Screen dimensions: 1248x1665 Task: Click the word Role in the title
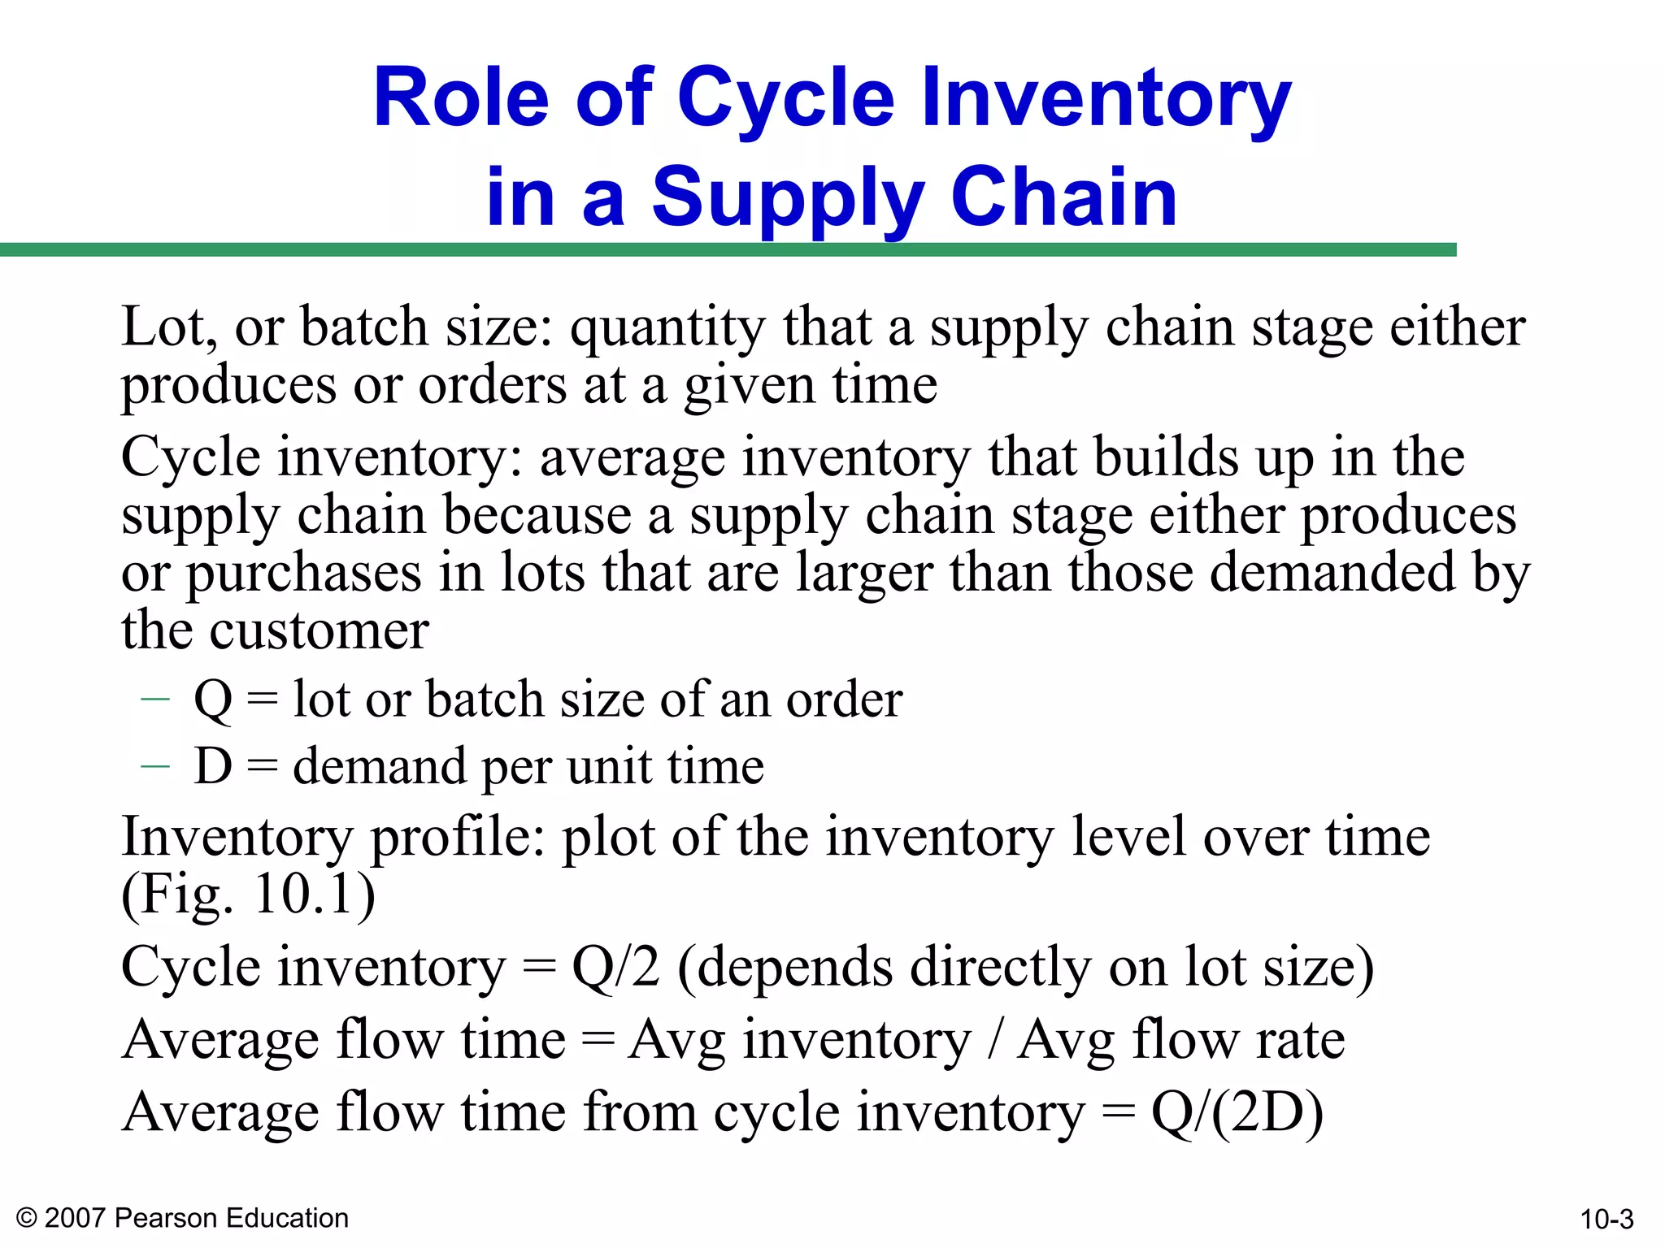tap(462, 99)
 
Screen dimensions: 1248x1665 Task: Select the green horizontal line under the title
tap(728, 249)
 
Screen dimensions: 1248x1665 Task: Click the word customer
tap(319, 630)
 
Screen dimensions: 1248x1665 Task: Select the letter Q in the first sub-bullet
tap(213, 700)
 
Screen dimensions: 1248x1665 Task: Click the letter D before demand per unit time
tap(213, 766)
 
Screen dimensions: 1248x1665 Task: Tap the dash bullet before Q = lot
tap(154, 699)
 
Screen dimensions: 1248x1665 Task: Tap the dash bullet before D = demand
tap(154, 765)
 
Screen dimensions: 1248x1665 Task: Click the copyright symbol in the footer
tap(26, 1218)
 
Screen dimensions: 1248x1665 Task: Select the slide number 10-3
tap(1606, 1220)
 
